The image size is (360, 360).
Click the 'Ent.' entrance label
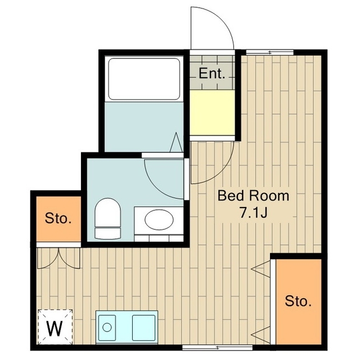[x=211, y=74]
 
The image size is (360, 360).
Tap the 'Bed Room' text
[x=253, y=196]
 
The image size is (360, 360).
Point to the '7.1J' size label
[x=253, y=213]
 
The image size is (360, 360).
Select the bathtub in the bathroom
[x=144, y=79]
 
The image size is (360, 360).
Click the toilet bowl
[x=107, y=218]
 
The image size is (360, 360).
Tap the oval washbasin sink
[x=159, y=220]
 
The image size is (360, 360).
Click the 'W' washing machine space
[x=55, y=327]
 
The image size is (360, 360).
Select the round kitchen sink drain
[x=107, y=327]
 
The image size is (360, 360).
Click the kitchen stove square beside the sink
[x=144, y=327]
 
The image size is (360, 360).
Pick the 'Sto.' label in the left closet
[x=58, y=218]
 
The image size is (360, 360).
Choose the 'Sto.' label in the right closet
[x=298, y=301]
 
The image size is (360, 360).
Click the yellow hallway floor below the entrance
[x=213, y=112]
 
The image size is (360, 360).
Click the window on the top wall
[x=270, y=52]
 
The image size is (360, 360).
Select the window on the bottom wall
[x=218, y=348]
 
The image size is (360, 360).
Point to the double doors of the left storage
[x=58, y=258]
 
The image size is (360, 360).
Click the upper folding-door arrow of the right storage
[x=260, y=269]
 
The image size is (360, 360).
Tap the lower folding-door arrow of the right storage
[x=260, y=335]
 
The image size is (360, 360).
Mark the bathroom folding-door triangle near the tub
[x=176, y=142]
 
